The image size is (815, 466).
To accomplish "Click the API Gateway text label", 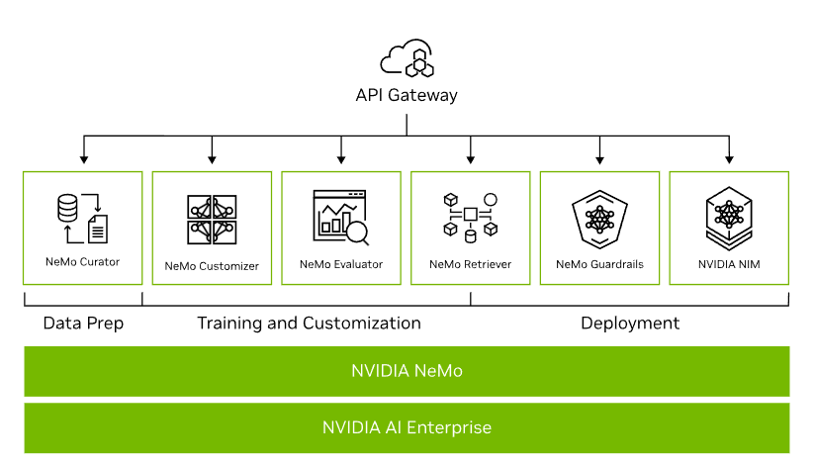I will (407, 96).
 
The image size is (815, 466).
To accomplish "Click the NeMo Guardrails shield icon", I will (599, 217).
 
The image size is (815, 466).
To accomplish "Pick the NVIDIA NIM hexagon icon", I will (729, 217).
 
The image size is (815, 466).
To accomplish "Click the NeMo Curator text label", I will (82, 262).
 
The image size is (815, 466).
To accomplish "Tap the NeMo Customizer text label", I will (212, 265).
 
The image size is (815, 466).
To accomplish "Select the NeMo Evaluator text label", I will (341, 264).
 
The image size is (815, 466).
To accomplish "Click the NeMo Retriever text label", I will (470, 264).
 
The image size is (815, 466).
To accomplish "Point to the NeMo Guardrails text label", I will (599, 264).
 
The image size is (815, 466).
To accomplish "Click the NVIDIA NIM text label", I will (729, 264).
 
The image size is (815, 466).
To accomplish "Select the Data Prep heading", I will (82, 324).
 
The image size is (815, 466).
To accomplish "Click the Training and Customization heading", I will (309, 324).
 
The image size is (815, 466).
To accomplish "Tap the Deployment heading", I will (630, 324).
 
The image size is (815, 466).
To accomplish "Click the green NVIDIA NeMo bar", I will (407, 372).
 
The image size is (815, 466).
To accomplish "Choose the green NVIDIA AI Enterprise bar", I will (407, 428).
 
